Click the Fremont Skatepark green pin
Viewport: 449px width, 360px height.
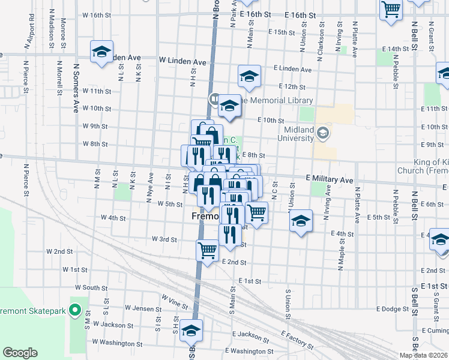[75, 310]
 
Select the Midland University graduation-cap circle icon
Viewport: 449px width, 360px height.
[324, 132]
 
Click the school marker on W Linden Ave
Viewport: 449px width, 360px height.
[102, 52]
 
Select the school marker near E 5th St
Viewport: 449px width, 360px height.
[301, 221]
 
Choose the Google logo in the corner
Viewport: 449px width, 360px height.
[20, 353]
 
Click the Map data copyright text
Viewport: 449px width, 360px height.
[424, 355]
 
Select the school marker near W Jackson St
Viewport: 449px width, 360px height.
[191, 331]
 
